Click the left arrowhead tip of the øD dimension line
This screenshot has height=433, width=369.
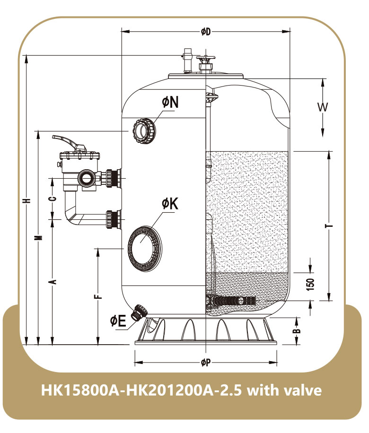(x=122, y=32)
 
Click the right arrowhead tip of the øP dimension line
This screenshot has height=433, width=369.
(x=277, y=362)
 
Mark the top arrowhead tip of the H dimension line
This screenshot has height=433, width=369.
(x=26, y=55)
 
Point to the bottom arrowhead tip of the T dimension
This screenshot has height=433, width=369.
(x=329, y=300)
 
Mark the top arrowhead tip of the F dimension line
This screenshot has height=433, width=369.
(x=98, y=249)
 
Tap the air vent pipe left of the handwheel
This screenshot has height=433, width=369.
(x=187, y=61)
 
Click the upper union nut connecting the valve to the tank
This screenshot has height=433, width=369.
(x=113, y=178)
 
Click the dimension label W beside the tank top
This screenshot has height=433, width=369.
(x=322, y=107)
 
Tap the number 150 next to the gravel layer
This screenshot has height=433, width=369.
(x=310, y=285)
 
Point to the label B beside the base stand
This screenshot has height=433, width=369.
(x=296, y=330)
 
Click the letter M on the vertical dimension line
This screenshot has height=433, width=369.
(x=40, y=237)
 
